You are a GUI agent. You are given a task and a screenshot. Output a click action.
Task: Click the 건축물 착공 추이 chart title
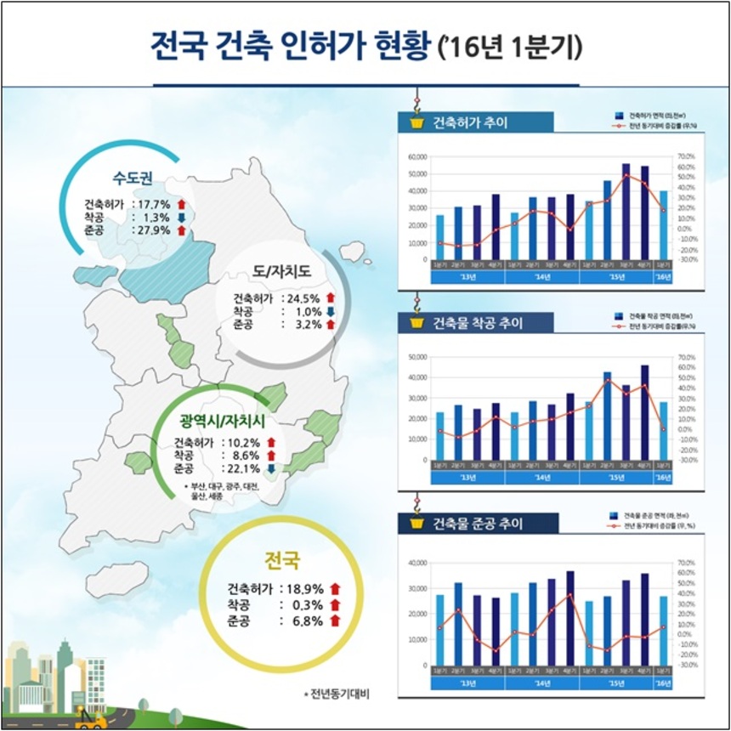click(478, 323)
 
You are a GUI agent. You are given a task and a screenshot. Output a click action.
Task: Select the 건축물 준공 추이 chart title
click(478, 523)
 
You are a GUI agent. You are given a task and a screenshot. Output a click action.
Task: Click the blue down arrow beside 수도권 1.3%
click(181, 218)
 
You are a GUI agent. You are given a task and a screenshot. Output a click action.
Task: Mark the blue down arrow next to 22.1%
click(270, 468)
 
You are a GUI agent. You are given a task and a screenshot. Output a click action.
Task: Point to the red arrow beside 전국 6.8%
click(335, 621)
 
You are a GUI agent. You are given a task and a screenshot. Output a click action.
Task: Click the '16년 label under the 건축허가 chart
click(663, 277)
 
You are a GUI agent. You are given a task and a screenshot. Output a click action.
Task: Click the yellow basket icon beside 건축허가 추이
click(416, 122)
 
